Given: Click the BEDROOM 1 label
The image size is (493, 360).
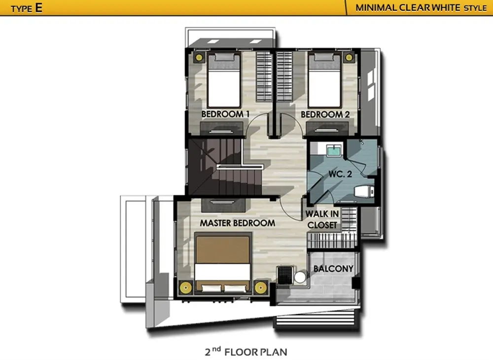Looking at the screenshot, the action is (225, 114).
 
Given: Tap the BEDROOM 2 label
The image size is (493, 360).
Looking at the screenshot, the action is (325, 114).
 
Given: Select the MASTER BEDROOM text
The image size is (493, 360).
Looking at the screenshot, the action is (238, 223).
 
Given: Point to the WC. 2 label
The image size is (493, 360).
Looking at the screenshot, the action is (340, 174).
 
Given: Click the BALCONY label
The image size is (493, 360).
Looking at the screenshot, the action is (333, 268).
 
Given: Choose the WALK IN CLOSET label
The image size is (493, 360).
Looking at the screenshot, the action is (322, 219).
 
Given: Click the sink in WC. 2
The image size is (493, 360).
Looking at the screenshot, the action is (334, 150).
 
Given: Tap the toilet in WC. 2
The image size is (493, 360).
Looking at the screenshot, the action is (364, 191).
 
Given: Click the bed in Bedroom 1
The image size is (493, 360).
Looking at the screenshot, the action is (224, 80).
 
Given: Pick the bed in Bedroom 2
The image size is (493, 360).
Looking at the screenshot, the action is (324, 80).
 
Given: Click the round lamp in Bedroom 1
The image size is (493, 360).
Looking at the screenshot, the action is (199, 58).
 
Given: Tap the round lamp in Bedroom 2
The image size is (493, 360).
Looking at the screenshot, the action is (349, 58).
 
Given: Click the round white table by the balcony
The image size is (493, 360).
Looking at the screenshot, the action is (300, 277).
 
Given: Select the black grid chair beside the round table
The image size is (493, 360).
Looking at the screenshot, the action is (285, 275).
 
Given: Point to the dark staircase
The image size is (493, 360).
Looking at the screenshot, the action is (225, 167).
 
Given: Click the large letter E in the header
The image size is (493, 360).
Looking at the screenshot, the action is (38, 7).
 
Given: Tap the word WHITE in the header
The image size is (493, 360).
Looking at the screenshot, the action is (444, 7).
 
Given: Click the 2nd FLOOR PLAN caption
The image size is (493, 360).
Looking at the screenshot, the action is (246, 352).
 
